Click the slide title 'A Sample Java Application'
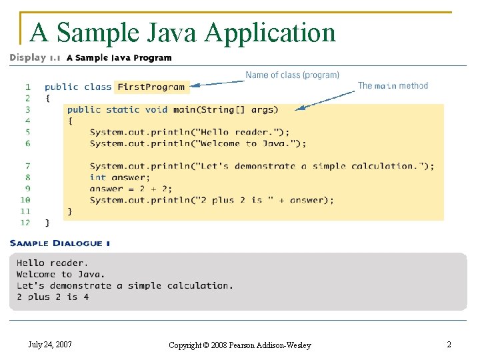coord(183,31)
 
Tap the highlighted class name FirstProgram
coord(151,87)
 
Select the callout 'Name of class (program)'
coord(292,75)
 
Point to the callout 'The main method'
coord(393,85)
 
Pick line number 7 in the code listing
coord(27,166)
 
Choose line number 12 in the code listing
coord(25,223)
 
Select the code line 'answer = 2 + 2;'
coord(131,189)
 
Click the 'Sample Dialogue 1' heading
coord(60,243)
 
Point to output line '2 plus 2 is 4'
coord(53,297)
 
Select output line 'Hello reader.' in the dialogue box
coord(52,263)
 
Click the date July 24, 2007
coord(50,345)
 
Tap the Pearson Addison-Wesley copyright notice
coord(239,345)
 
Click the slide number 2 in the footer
coord(449,345)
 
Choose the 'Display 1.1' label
coord(35,58)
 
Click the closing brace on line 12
coord(47,223)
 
